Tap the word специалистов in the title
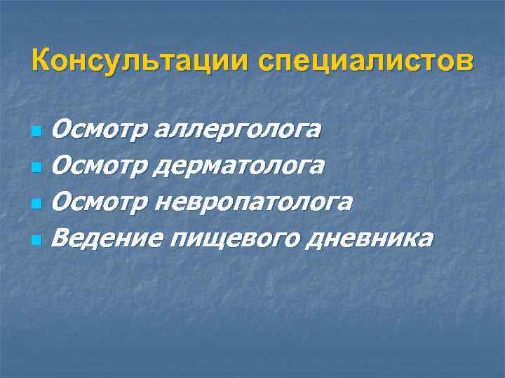coord(365,61)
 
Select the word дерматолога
coord(243,166)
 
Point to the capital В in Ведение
coord(61,238)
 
